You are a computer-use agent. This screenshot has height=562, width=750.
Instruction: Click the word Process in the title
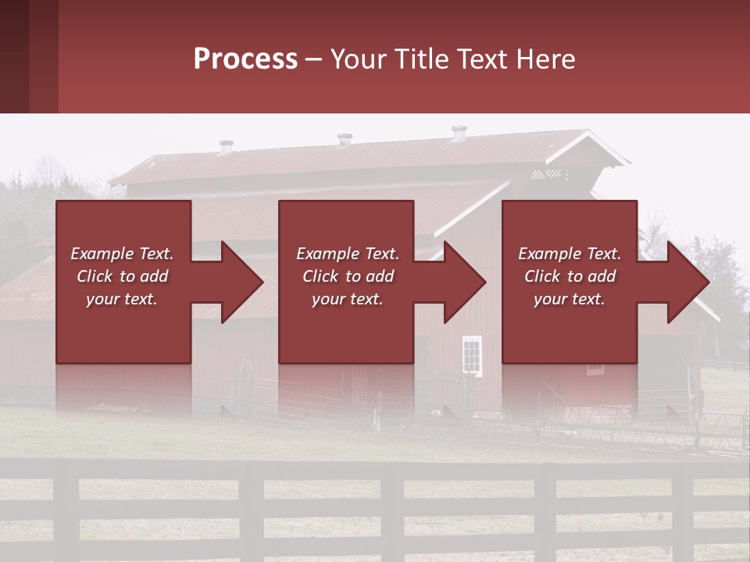pos(245,59)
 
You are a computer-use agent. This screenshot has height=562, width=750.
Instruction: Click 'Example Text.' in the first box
pos(123,254)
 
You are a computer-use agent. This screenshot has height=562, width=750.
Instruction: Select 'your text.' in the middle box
pos(347,299)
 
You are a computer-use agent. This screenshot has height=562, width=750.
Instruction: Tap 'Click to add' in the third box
pos(570,276)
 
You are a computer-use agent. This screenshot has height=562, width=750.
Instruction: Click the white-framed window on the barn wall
pos(472,354)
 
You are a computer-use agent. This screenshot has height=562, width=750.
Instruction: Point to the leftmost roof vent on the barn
pos(226,146)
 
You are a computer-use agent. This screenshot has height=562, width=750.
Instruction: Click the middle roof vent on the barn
pos(345,140)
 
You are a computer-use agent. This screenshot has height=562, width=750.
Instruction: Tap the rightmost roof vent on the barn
pos(459,133)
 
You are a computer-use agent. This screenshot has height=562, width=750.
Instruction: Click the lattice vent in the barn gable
pos(546,174)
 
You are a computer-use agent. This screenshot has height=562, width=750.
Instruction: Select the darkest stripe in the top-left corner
pos(14,56)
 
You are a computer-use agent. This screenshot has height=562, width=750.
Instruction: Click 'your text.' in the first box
pos(123,299)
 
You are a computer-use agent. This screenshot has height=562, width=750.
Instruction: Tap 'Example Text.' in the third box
pos(570,254)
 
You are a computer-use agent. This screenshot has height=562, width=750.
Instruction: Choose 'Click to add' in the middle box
pos(347,276)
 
